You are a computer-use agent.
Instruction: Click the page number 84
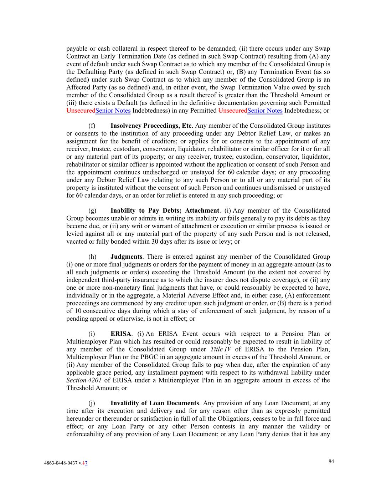tap(331, 461)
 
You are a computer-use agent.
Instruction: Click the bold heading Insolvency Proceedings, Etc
tap(151, 126)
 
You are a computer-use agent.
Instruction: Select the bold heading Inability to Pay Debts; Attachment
tap(165, 210)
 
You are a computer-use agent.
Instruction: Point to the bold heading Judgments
tap(126, 257)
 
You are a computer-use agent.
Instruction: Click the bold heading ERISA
tap(121, 334)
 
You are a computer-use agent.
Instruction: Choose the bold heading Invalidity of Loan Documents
tap(155, 403)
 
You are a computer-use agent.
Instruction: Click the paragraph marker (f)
tap(92, 126)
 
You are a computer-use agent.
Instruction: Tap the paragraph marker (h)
tap(92, 257)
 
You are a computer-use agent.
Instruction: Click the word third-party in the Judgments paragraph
tap(109, 280)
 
